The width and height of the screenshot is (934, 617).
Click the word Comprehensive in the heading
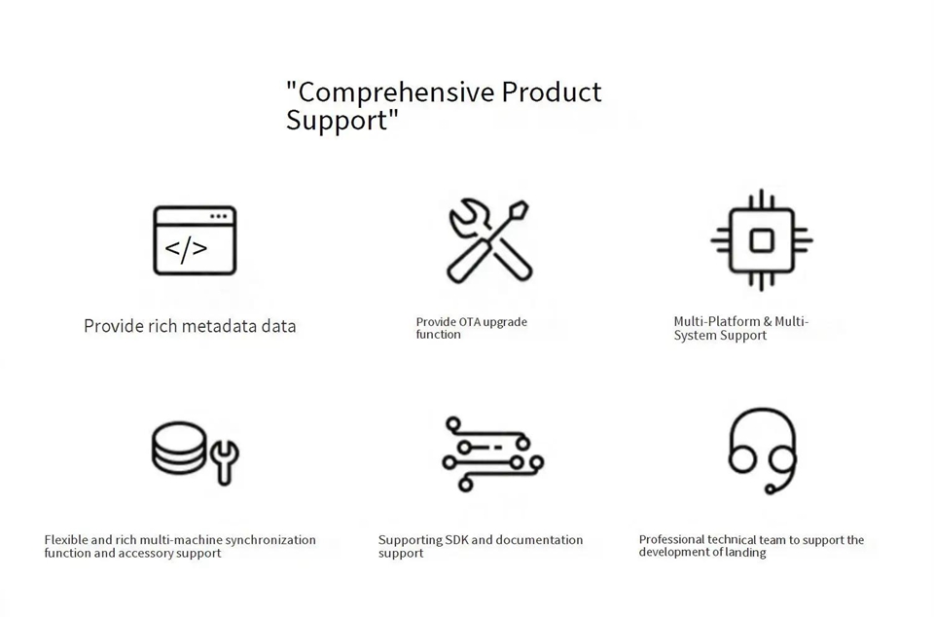[x=397, y=92]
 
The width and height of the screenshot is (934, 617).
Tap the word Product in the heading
[x=552, y=91]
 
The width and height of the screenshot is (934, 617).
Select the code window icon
[x=195, y=240]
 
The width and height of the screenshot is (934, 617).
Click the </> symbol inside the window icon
[x=186, y=249]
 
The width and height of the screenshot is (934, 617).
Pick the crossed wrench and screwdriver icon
[x=489, y=241]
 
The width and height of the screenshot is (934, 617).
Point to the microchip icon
[x=761, y=240]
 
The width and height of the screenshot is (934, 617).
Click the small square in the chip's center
[x=762, y=240]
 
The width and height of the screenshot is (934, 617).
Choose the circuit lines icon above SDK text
[x=492, y=454]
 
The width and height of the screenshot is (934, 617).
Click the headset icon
[x=763, y=451]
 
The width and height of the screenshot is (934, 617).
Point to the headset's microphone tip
[x=771, y=490]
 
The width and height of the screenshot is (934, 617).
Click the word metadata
[x=220, y=326]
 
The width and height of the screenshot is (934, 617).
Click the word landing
[x=745, y=553]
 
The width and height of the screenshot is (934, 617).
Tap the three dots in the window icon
[x=219, y=216]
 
